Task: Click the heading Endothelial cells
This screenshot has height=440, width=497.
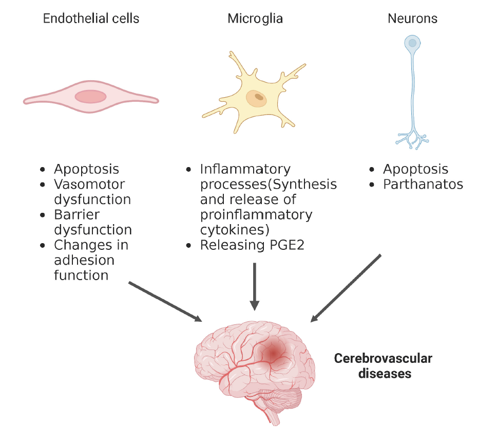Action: point(91,19)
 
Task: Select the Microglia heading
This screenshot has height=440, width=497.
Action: point(255,19)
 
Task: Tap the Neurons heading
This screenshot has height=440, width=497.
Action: point(412,19)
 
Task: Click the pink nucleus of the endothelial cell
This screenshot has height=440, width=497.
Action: point(91,96)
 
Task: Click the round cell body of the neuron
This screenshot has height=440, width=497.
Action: point(412,44)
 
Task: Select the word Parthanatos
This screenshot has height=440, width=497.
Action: point(423,184)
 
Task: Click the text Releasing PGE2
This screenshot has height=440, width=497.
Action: point(252,245)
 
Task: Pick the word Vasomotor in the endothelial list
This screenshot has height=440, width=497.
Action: point(89,184)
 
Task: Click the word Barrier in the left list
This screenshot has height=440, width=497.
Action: point(77,214)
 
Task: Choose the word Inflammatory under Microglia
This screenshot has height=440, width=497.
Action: point(245,169)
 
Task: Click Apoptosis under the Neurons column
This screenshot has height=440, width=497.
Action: point(415,169)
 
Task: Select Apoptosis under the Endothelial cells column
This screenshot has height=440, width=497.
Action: point(86,169)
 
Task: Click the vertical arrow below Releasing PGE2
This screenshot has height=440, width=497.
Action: point(254,286)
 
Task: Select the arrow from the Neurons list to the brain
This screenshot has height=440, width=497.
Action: point(346,288)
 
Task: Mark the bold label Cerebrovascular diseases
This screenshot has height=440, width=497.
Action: point(383,365)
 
